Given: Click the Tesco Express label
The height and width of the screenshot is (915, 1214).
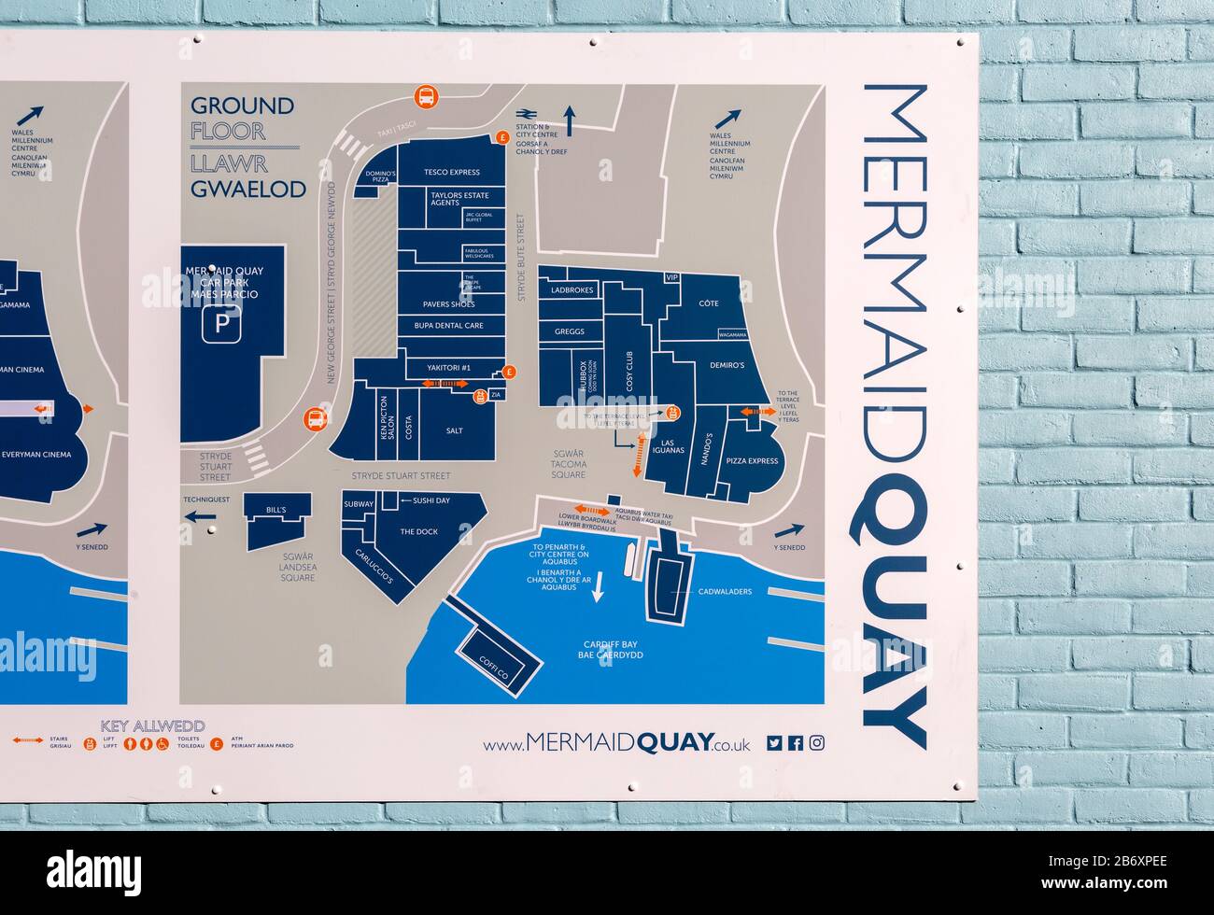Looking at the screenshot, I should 451,172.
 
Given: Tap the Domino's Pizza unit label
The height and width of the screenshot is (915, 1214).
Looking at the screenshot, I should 380,176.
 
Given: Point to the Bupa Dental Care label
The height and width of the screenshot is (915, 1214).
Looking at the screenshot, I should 449,326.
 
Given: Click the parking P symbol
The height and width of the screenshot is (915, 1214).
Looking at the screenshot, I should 222,324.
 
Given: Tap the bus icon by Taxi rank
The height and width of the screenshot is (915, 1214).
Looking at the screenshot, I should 425,96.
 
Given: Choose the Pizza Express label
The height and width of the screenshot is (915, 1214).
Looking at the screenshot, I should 752,461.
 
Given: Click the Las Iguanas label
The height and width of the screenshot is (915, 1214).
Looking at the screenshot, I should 667,446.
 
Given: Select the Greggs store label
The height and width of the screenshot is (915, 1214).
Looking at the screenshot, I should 569,331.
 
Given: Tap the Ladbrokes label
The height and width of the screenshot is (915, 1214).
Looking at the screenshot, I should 572,290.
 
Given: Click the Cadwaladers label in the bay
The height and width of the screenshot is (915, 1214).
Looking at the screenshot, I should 725,592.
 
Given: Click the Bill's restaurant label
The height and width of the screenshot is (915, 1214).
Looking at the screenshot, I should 275,510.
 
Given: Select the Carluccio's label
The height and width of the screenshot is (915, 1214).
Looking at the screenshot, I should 374,568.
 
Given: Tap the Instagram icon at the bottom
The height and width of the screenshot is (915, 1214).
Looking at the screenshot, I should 817,743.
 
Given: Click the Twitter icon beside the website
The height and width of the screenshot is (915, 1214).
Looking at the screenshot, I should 774,743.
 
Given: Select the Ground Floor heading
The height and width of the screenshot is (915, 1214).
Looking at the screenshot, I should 242,119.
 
